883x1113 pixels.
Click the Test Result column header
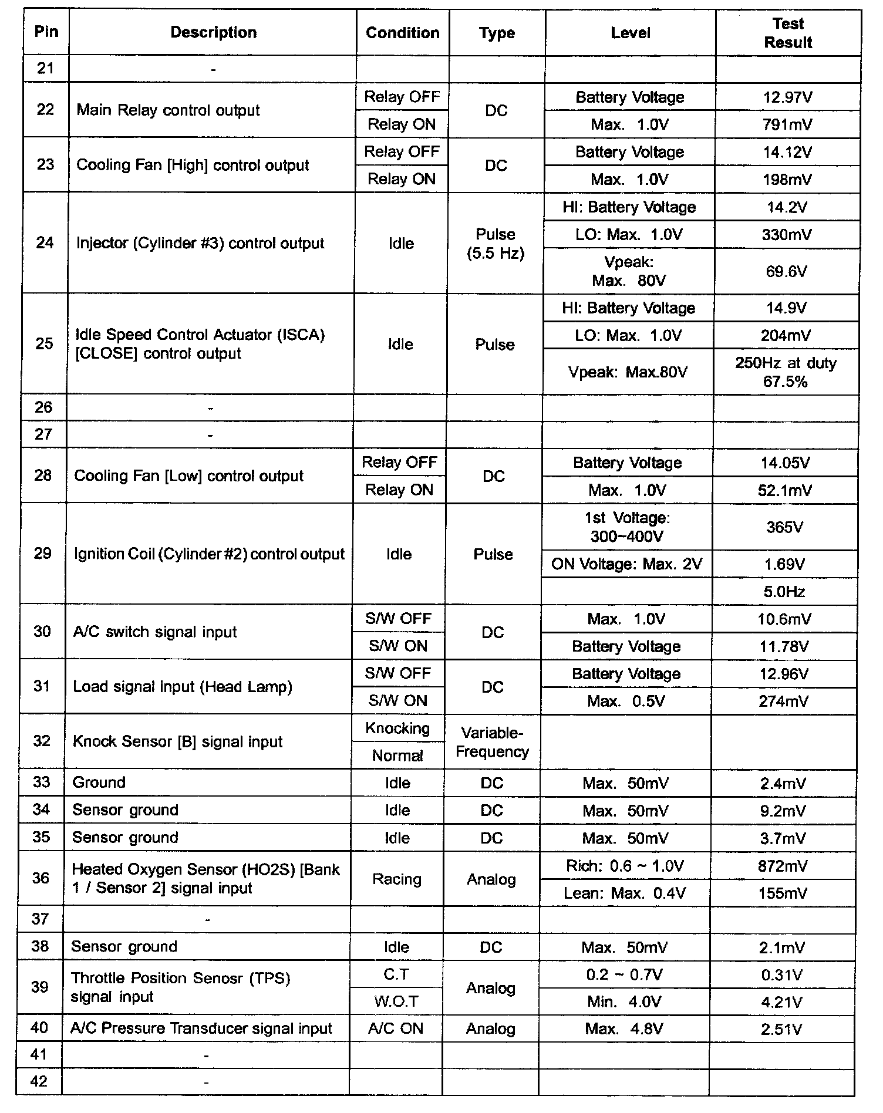[x=788, y=33]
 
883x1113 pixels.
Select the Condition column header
[x=402, y=33]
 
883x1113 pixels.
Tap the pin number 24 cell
[x=45, y=243]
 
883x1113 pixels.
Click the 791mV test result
[x=787, y=124]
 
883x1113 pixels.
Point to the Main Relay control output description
[x=168, y=110]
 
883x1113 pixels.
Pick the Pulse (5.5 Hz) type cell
[x=496, y=244]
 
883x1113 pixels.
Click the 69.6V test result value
[x=786, y=271]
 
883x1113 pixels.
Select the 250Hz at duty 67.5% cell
[x=786, y=372]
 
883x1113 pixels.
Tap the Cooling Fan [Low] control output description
[x=189, y=475]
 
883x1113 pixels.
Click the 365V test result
[x=784, y=527]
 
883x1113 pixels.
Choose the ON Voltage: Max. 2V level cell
[x=626, y=564]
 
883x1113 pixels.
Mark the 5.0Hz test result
[x=784, y=592]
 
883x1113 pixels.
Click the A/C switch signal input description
[x=155, y=632]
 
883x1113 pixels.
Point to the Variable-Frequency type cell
[x=492, y=742]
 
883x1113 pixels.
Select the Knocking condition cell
[x=397, y=728]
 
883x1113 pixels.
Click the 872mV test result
[x=783, y=866]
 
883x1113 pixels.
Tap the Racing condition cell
[x=397, y=879]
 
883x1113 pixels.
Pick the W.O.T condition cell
[x=396, y=1001]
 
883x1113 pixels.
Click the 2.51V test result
[x=781, y=1029]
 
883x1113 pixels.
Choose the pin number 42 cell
[x=39, y=1081]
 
